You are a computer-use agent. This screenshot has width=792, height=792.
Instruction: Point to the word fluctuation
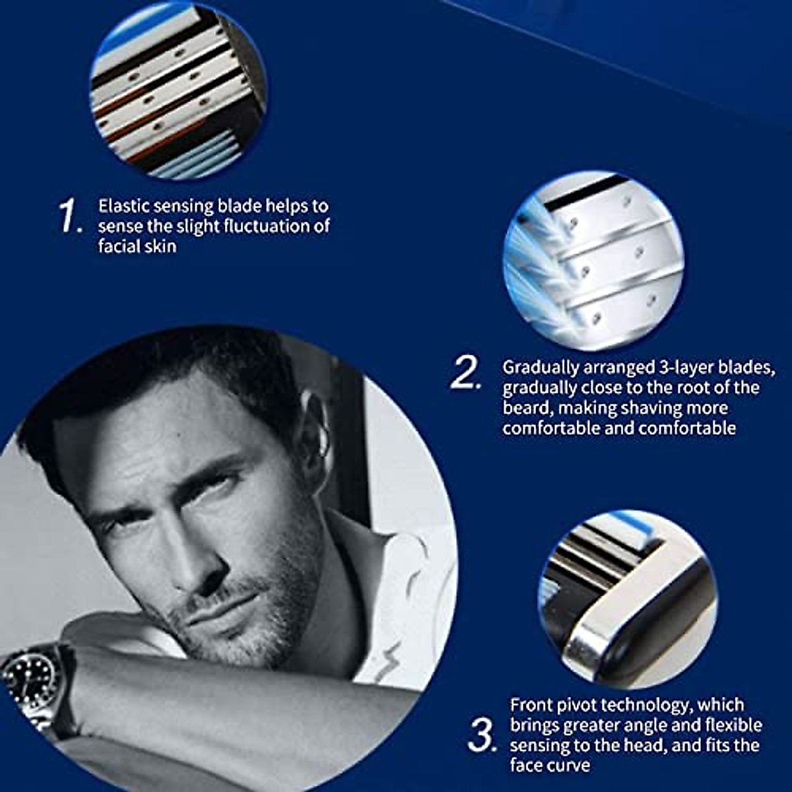pyautogui.click(x=267, y=226)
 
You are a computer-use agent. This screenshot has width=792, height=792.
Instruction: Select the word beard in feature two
pyautogui.click(x=525, y=408)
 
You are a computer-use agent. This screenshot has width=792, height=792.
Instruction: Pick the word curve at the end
pyautogui.click(x=568, y=766)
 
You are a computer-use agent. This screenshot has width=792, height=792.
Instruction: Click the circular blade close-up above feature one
pyautogui.click(x=178, y=92)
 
